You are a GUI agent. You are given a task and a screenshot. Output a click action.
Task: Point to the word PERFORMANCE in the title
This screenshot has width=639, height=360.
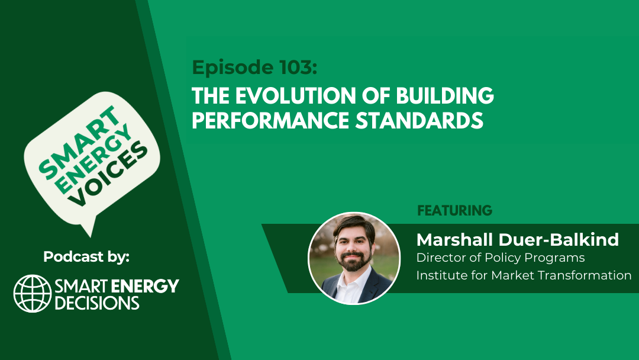(270, 120)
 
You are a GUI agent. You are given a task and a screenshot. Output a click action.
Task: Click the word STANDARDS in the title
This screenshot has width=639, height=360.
(419, 120)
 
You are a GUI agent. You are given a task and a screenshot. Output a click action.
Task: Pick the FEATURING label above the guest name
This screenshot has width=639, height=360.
(455, 210)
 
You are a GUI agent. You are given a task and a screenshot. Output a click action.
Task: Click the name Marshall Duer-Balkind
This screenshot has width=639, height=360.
(518, 239)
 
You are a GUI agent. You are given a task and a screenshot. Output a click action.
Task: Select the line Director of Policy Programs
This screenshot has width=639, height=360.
(501, 258)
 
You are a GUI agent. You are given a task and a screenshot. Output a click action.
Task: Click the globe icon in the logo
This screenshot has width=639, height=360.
(33, 294)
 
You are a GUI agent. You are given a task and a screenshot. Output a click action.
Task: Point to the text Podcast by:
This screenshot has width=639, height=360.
(86, 257)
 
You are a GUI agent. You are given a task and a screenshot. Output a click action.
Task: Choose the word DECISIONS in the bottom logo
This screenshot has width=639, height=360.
(97, 303)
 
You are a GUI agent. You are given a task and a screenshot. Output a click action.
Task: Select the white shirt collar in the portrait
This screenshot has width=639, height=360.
(350, 281)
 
